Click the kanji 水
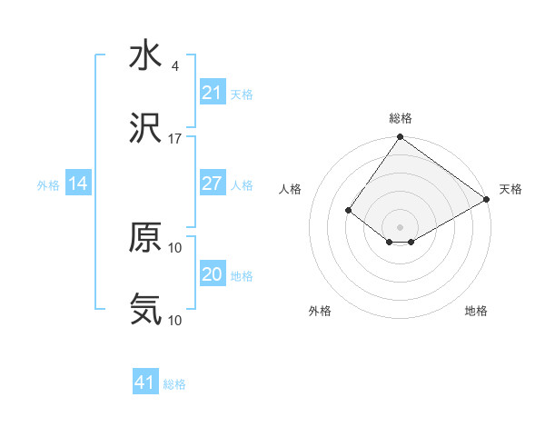[x=145, y=56]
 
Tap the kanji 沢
[x=145, y=130]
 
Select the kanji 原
[x=145, y=238]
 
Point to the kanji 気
[x=145, y=310]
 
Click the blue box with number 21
[x=212, y=93]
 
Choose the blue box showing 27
[x=212, y=184]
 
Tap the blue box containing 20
[x=212, y=274]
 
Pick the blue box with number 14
[x=78, y=184]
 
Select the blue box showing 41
[x=145, y=382]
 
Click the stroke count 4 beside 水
[x=174, y=66]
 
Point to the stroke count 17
[x=175, y=138]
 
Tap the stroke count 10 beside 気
[x=175, y=320]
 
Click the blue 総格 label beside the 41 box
[x=174, y=384]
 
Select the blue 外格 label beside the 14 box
[x=48, y=184]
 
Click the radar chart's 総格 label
[x=401, y=118]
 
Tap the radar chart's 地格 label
[x=476, y=311]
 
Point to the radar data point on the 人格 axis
[x=348, y=210]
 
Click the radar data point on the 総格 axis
[x=401, y=138]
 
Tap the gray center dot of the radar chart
[x=401, y=226]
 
